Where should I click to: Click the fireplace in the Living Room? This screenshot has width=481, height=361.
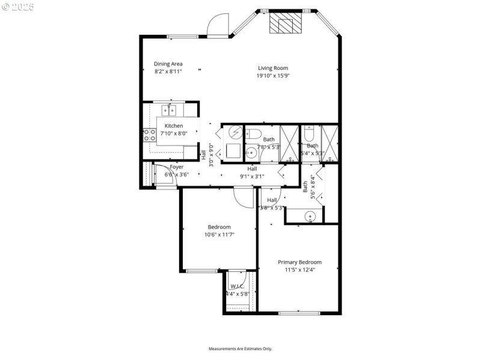pyautogui.click(x=281, y=24)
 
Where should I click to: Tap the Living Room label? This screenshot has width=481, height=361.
pyautogui.click(x=273, y=68)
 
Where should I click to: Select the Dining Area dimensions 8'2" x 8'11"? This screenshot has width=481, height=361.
pyautogui.click(x=168, y=72)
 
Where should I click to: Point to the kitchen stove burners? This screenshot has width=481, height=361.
pyautogui.click(x=149, y=135)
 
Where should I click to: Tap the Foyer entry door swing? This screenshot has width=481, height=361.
pyautogui.click(x=162, y=174)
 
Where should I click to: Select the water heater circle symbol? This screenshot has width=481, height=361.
pyautogui.click(x=234, y=132)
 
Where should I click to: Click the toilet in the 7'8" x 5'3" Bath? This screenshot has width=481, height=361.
pyautogui.click(x=253, y=133)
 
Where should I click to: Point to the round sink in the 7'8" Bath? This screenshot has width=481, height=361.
pyautogui.click(x=251, y=153)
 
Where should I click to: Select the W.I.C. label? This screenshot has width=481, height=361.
pyautogui.click(x=237, y=286)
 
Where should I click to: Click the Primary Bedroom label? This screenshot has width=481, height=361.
pyautogui.click(x=299, y=262)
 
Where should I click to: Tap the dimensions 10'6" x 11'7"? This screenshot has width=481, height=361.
pyautogui.click(x=219, y=235)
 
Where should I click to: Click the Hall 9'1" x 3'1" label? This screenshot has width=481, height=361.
pyautogui.click(x=251, y=173)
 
